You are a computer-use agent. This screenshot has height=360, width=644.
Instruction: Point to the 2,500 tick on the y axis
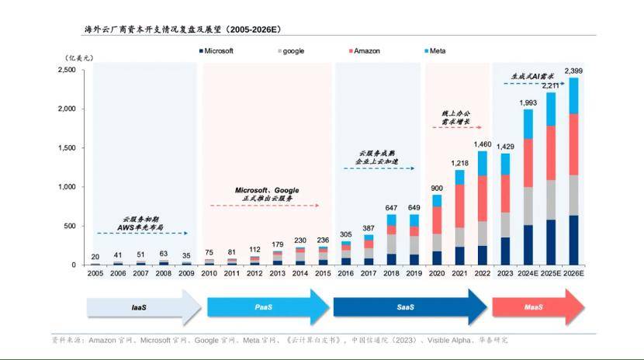point(67,70)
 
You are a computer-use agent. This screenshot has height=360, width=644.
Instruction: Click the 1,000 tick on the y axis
point(67,187)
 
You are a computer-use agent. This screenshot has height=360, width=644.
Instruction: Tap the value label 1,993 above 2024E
point(528,102)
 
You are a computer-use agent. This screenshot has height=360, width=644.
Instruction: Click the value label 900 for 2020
point(437,188)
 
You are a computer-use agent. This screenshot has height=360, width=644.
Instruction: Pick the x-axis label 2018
point(392,273)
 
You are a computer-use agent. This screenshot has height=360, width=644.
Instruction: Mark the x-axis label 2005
point(95,273)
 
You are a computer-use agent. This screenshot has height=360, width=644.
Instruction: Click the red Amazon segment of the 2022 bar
point(483,198)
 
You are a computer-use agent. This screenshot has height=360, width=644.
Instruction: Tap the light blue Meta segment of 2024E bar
point(528,123)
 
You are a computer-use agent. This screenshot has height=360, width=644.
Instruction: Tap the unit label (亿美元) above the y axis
point(78,57)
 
